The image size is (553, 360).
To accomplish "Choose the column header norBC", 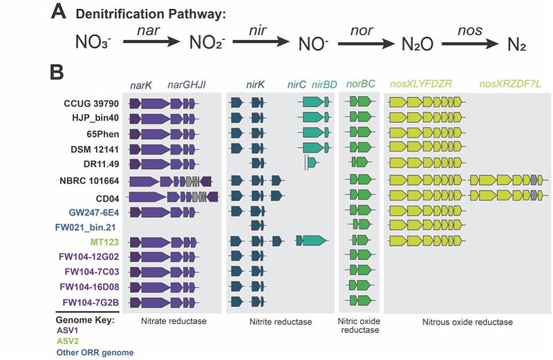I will pyautogui.click(x=360, y=84).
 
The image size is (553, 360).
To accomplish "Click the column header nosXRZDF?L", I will pyautogui.click(x=509, y=85).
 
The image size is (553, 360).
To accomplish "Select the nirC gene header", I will pyautogui.click(x=297, y=85).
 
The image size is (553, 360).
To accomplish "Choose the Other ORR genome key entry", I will pyautogui.click(x=95, y=352).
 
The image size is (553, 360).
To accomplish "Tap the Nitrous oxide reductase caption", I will pyautogui.click(x=467, y=322).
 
